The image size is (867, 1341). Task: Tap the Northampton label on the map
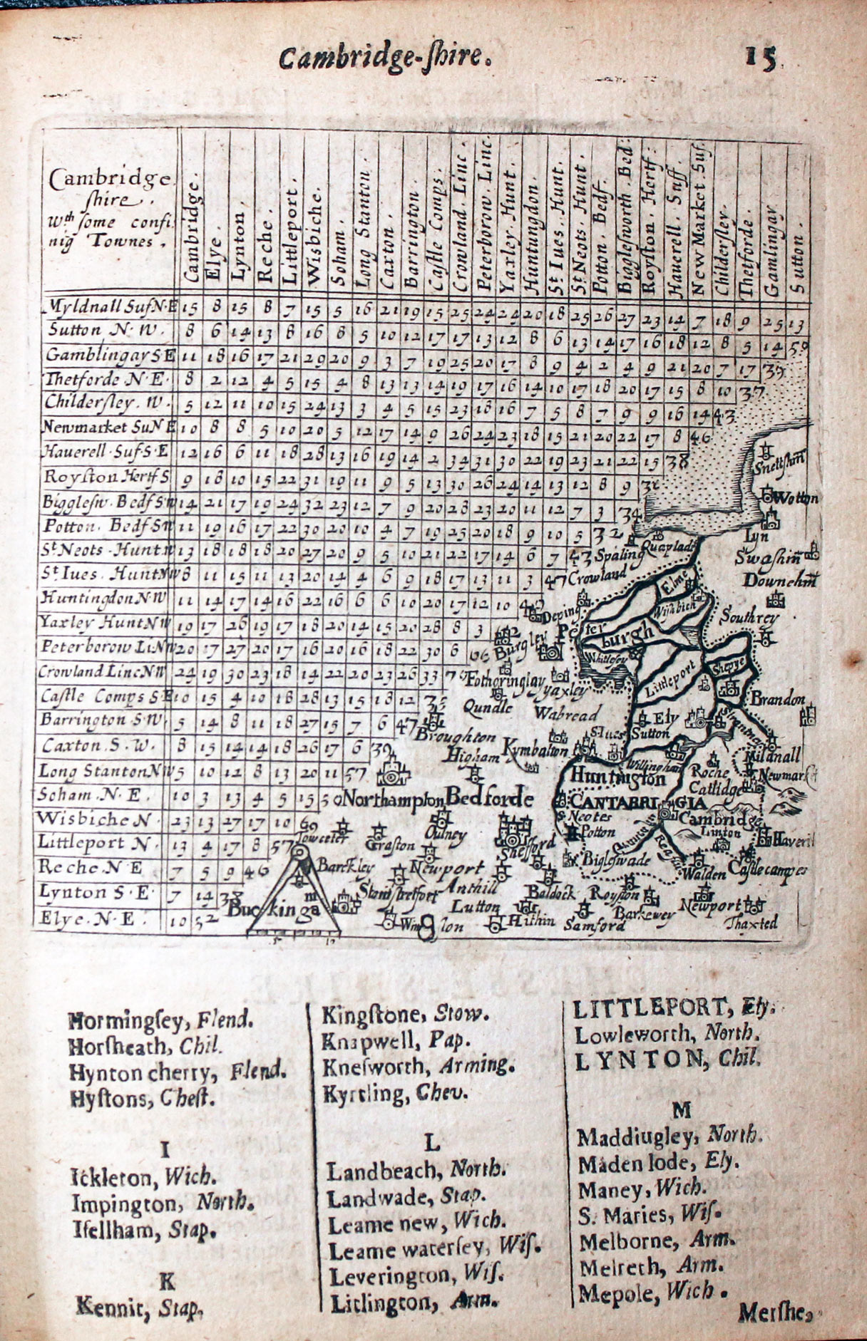[389, 798]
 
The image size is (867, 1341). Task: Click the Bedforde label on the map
[491, 797]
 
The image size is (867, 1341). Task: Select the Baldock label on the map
[545, 891]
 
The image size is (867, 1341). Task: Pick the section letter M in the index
[681, 1109]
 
